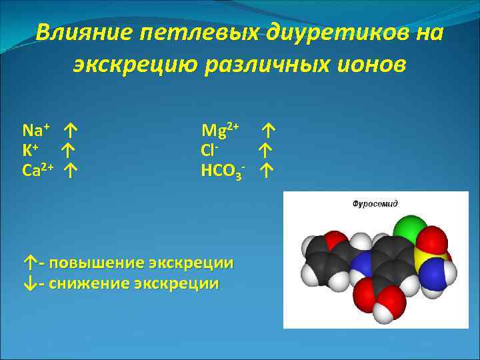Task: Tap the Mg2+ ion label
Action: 221,128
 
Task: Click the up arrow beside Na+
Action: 71,129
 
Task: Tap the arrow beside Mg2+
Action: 269,128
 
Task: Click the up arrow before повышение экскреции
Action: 28,262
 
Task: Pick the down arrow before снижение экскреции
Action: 28,283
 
